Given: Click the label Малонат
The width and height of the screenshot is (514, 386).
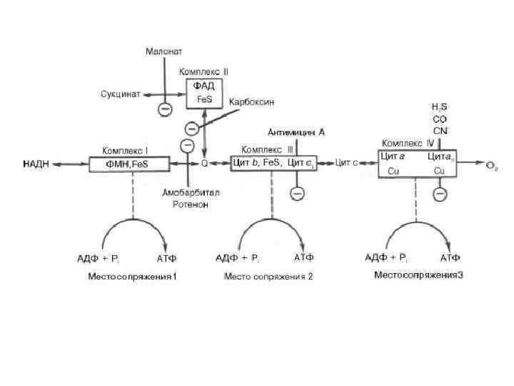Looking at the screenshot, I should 164,51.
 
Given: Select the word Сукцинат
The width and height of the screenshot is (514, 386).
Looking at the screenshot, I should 120,94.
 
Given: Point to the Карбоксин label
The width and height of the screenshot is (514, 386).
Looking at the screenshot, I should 251,103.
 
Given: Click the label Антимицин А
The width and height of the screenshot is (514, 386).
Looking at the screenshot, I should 296,132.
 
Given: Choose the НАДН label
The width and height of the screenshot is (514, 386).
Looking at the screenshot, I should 36,164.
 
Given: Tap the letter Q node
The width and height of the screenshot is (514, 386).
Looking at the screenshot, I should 204,164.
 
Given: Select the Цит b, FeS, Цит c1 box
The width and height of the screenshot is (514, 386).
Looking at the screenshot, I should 273,164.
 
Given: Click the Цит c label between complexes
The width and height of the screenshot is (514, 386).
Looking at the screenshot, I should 346,164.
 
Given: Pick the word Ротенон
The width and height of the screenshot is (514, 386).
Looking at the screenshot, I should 190,204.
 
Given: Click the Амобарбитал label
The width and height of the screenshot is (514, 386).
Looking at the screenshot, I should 190,193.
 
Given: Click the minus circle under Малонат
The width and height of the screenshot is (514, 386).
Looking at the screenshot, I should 164,109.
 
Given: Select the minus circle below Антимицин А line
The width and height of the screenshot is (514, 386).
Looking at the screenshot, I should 297,193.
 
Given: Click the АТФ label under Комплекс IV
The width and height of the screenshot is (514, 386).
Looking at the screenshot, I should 450,257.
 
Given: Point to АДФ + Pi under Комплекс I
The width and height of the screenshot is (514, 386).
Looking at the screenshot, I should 99,257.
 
